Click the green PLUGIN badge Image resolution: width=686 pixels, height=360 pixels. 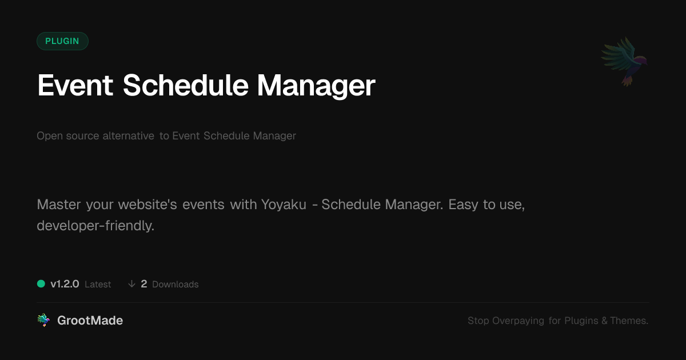click(x=62, y=41)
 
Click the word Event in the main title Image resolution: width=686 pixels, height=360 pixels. click(x=75, y=86)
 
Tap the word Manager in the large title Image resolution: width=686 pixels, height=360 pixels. click(x=316, y=86)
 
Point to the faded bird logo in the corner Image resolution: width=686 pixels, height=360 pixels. click(x=624, y=61)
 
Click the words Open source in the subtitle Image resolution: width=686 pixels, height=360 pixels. click(x=67, y=136)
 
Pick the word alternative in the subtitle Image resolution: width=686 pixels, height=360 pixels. click(x=128, y=135)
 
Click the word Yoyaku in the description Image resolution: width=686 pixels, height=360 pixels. click(x=284, y=205)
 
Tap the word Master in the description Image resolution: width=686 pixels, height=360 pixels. click(x=59, y=205)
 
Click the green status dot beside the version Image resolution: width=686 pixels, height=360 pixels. click(x=41, y=284)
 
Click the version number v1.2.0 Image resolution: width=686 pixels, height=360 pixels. click(x=65, y=284)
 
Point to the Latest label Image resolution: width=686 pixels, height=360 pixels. click(x=98, y=285)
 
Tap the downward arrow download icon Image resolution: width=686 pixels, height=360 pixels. click(x=131, y=284)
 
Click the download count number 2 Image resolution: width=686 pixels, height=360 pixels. click(x=144, y=284)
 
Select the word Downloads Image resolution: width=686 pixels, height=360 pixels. click(x=175, y=285)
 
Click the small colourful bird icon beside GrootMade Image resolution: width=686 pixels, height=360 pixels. click(x=43, y=320)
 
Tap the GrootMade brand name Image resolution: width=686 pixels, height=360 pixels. click(x=90, y=321)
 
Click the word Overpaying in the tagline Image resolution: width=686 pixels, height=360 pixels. click(x=518, y=321)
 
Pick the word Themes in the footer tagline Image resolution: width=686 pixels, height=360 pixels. click(x=628, y=321)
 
